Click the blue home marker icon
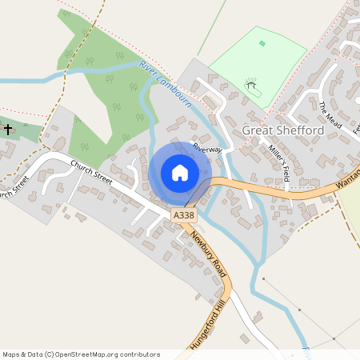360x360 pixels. click(180, 173)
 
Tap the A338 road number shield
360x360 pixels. click(182, 216)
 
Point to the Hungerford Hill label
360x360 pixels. click(206, 326)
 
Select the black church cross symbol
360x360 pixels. click(8, 129)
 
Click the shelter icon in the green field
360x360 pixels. click(251, 82)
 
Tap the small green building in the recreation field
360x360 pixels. click(262, 43)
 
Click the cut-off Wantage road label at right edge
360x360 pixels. click(349, 175)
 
